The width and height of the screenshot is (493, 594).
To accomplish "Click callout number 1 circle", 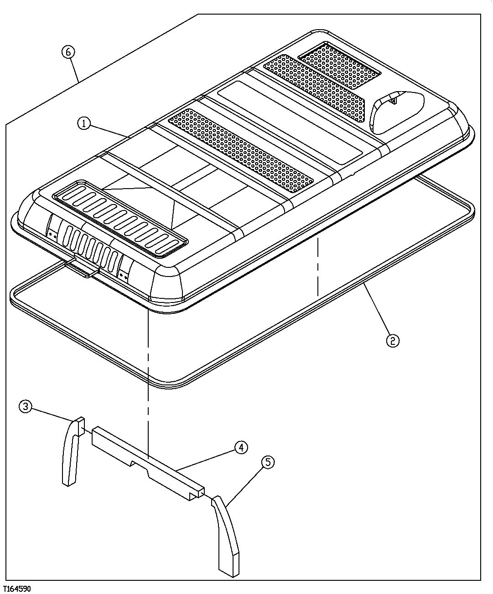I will tap(84, 123).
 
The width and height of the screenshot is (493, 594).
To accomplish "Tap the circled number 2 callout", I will tap(393, 340).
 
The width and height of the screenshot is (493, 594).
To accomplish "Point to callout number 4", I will tap(241, 447).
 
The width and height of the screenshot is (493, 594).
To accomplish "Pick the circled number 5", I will tap(268, 462).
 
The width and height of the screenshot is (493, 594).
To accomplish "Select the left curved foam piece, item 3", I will tap(71, 451).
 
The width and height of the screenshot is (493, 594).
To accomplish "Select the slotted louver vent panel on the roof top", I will tap(121, 216).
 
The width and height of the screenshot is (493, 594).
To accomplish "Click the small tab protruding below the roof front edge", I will tap(84, 271).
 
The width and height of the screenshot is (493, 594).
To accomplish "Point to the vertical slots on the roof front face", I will tap(91, 246).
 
